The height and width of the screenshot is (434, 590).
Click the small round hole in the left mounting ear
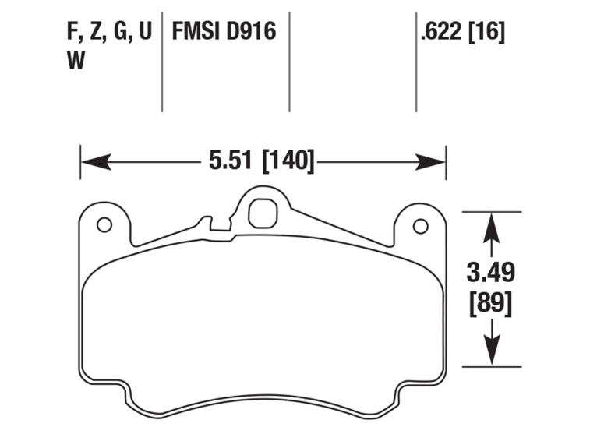point(104,225)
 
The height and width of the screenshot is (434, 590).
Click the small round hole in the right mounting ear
point(420,227)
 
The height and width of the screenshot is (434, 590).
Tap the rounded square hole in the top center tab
point(263,211)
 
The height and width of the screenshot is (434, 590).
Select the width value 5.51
point(231,162)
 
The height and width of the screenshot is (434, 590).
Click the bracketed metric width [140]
point(288,162)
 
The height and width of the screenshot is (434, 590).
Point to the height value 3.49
point(490,273)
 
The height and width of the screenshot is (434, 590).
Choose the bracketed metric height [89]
point(490,303)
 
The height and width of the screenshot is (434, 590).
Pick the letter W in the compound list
point(76,62)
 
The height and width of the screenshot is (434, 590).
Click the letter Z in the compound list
point(95,33)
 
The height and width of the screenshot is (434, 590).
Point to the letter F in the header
point(72,33)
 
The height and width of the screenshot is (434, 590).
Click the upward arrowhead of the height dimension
point(490,227)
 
